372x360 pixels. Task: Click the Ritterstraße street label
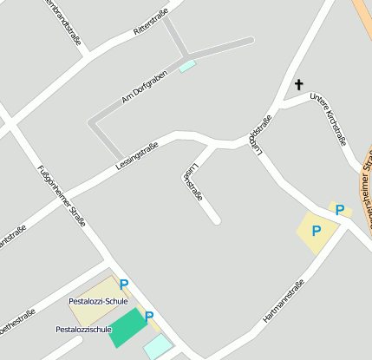coord(151,23)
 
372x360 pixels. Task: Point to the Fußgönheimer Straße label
coord(62,195)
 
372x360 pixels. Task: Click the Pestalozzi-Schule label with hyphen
coord(98,301)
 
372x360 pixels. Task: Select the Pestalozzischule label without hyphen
coord(84,330)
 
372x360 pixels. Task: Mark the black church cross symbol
coord(299,84)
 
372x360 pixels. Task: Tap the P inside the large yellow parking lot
coord(317,231)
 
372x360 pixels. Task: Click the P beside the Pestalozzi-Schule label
coord(124,284)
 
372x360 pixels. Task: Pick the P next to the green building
coord(149,317)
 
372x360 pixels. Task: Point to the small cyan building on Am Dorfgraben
coord(187,66)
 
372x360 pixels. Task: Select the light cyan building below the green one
coord(158,346)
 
